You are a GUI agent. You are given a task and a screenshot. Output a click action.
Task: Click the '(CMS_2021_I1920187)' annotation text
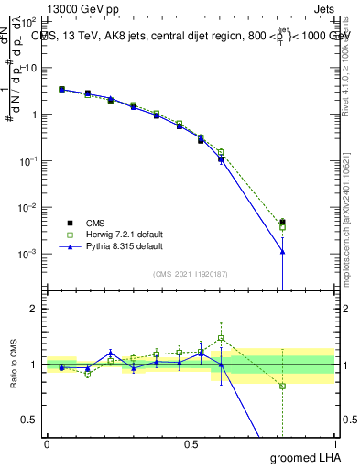coord(190,274)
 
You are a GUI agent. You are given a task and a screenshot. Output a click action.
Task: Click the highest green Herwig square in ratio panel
coord(221,338)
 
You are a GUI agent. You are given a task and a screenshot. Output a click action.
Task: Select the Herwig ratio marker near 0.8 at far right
coord(283,386)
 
